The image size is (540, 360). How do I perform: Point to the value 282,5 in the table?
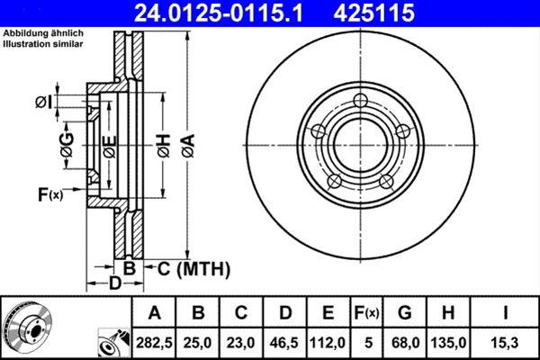154,342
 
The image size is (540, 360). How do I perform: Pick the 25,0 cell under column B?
198,342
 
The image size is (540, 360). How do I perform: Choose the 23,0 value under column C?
241,342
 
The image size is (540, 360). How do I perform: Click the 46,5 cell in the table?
284,342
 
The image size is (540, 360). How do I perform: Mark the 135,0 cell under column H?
451,342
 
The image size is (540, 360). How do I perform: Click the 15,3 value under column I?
507,342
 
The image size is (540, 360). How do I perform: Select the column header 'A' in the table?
154,313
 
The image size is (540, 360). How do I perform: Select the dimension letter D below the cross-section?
114,284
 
